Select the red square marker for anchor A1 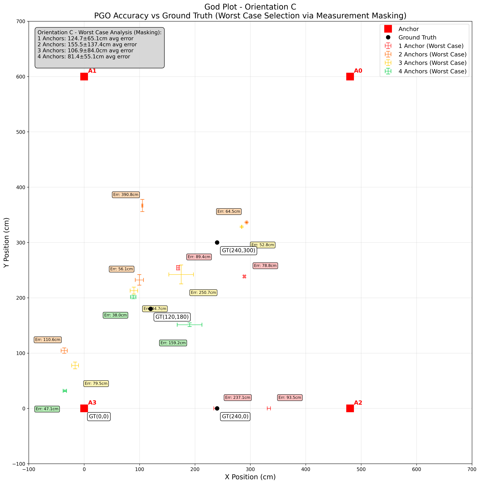(x=84, y=77)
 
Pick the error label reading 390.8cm (x=126, y=195)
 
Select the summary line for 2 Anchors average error (x=87, y=45)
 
